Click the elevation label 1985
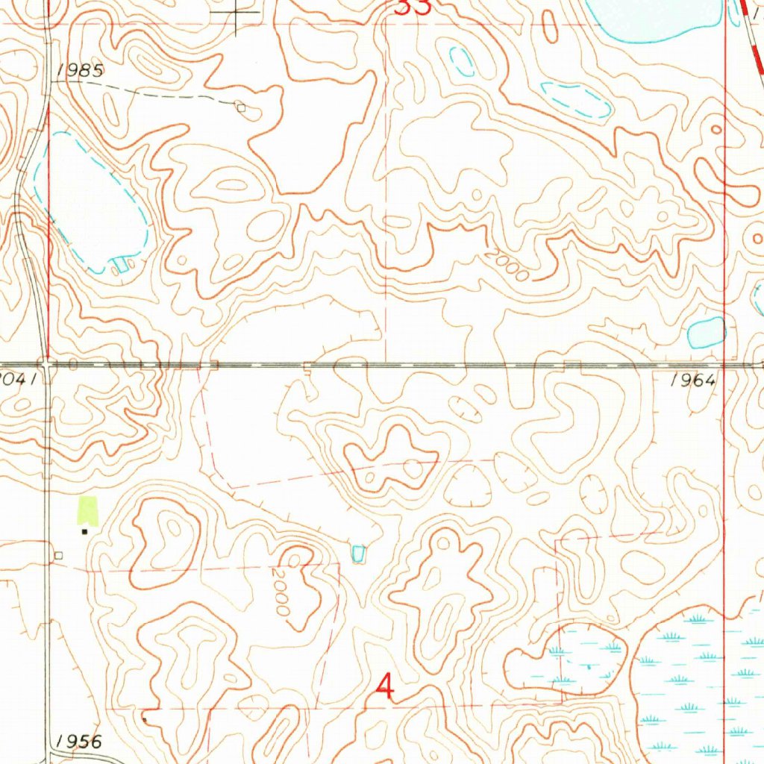(78, 71)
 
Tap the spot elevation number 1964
(693, 380)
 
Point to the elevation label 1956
(78, 741)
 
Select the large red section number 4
(385, 686)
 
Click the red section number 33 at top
(413, 7)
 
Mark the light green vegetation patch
(88, 510)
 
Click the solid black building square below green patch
(84, 531)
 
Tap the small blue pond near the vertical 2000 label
(358, 554)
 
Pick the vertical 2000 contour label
(282, 592)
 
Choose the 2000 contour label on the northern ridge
(507, 265)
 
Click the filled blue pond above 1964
(706, 333)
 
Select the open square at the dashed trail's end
(240, 107)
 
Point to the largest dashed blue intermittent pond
(93, 201)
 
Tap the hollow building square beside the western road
(59, 555)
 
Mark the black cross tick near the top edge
(238, 13)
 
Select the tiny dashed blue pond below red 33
(463, 61)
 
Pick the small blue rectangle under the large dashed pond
(119, 264)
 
